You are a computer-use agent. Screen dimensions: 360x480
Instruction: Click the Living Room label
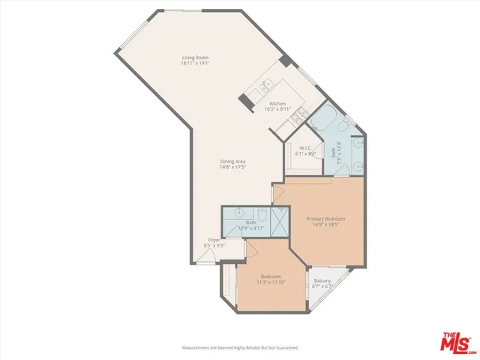click(193, 57)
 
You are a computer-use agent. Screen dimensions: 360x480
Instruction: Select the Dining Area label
click(233, 161)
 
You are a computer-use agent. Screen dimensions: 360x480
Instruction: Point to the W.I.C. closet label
click(305, 148)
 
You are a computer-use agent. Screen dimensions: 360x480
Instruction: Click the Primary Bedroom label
click(326, 218)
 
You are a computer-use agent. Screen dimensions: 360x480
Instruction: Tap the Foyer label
click(214, 240)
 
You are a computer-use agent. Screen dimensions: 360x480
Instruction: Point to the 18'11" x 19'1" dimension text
click(193, 64)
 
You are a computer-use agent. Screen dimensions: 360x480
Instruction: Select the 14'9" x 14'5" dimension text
click(326, 224)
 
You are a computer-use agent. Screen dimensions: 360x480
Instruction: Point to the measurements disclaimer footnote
click(240, 348)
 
